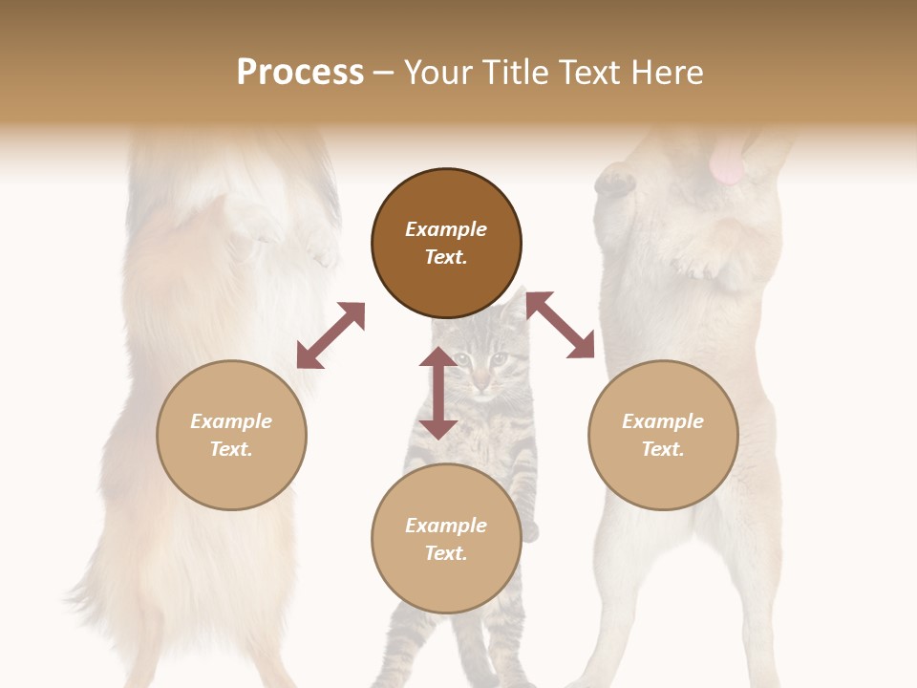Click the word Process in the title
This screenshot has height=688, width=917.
click(x=300, y=73)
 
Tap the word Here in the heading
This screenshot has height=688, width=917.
click(x=667, y=73)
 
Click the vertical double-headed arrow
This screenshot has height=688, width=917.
click(x=438, y=393)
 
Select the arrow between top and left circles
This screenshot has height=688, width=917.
click(x=331, y=335)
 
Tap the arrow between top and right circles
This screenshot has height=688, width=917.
click(x=561, y=325)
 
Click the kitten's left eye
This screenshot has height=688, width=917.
click(x=463, y=360)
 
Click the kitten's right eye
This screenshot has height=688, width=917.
click(x=499, y=359)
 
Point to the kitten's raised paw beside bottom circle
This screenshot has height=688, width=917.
click(x=529, y=528)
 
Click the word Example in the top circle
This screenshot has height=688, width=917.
click(x=446, y=229)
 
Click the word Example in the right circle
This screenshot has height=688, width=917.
click(x=663, y=421)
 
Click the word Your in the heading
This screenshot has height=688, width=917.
click(x=436, y=73)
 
